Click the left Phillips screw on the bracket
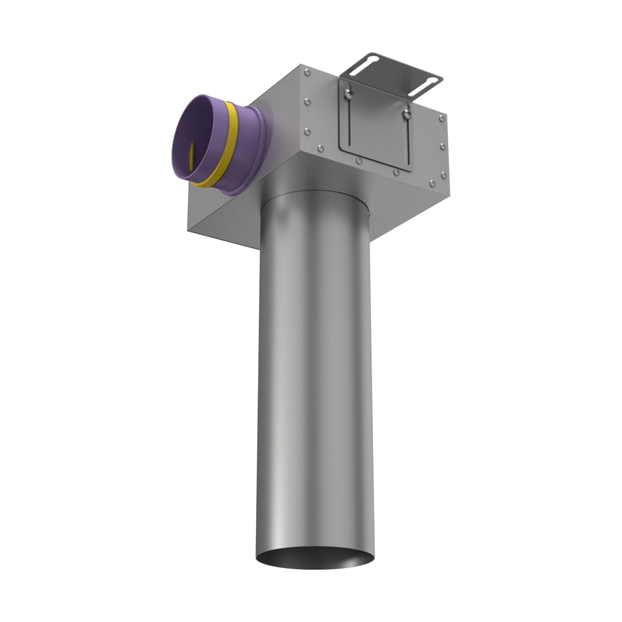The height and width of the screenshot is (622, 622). (348, 93)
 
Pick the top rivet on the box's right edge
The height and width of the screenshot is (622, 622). (442, 119)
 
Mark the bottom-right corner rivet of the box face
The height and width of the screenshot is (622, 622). (432, 182)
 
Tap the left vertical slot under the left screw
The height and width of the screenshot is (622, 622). (349, 122)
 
